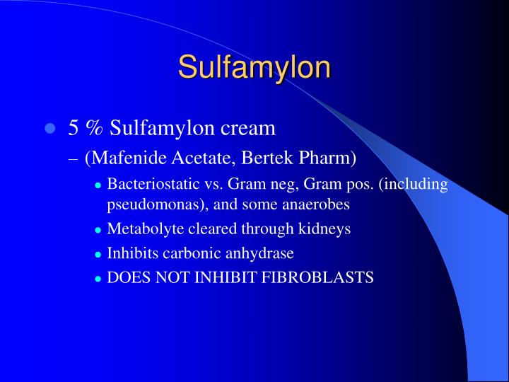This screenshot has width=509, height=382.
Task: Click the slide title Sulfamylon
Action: [254, 68]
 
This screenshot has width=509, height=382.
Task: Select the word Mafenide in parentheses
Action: [121, 158]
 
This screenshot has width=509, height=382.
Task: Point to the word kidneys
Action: [324, 229]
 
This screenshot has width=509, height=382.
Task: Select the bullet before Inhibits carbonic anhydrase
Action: [98, 254]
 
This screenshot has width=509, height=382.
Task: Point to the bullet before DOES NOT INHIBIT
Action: [98, 278]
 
